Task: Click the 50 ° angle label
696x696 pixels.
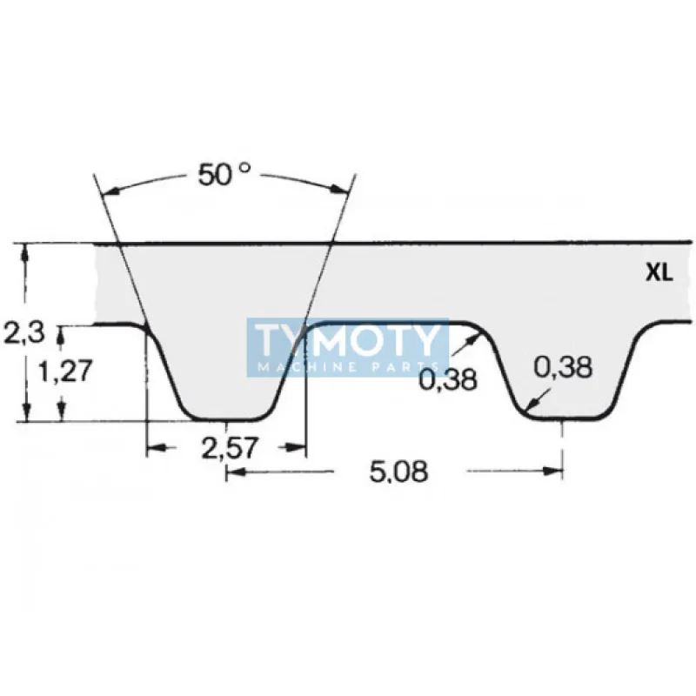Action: tap(222, 174)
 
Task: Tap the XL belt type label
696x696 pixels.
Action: tap(659, 273)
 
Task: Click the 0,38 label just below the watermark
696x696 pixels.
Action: tap(448, 379)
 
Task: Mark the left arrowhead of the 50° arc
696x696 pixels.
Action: tap(108, 192)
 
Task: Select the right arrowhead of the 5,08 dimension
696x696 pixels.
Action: tap(554, 472)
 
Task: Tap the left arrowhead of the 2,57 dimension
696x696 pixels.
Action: tap(153, 448)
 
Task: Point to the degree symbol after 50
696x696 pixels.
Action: tap(245, 166)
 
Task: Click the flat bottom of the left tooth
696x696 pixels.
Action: tap(226, 418)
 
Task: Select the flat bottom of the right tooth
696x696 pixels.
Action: tap(563, 418)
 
